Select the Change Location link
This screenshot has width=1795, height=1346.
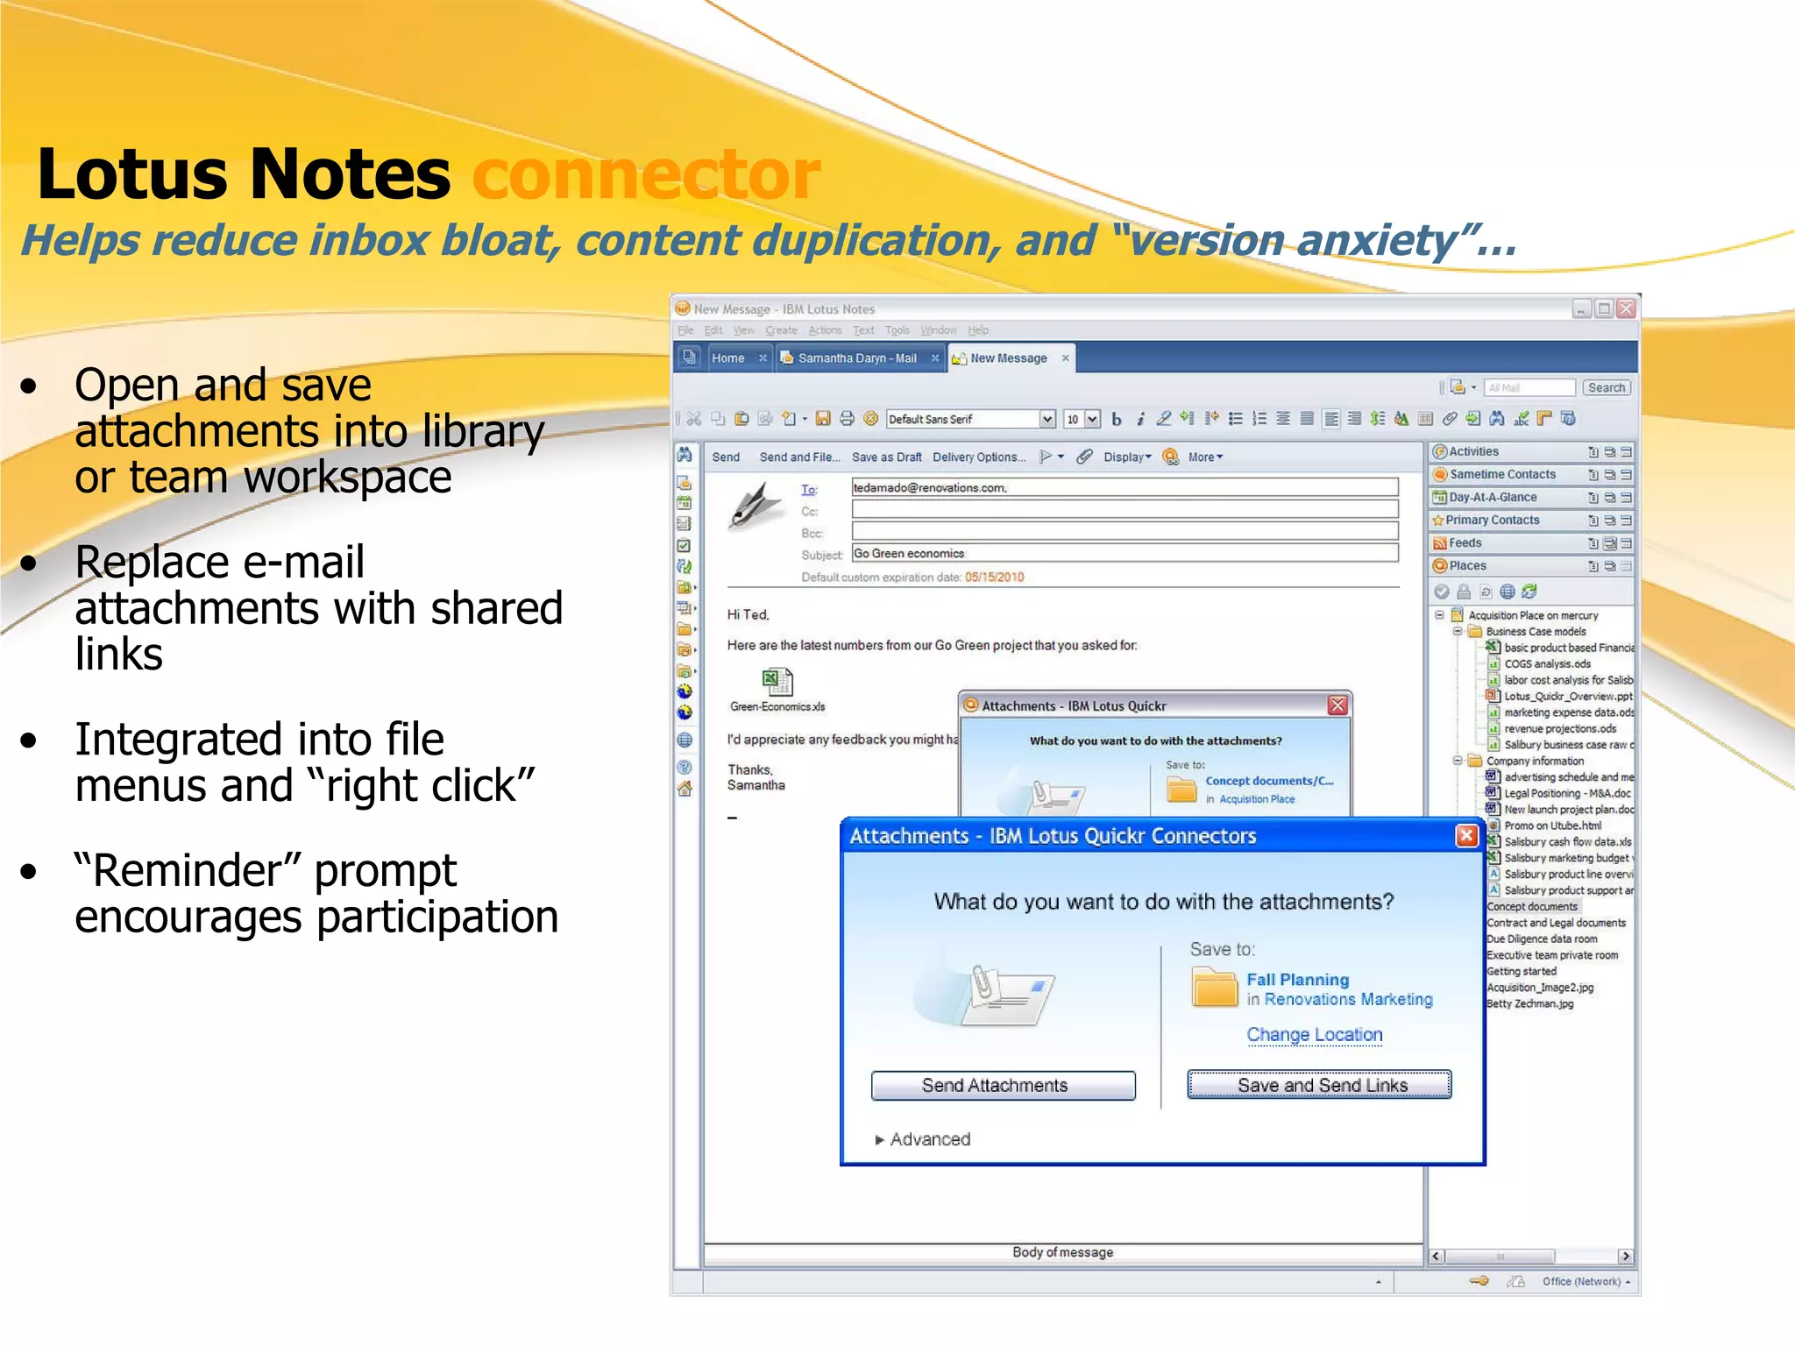[1314, 1035]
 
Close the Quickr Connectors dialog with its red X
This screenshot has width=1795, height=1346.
[1465, 836]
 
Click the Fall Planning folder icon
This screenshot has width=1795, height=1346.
[1214, 988]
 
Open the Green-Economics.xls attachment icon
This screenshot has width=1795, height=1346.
[777, 682]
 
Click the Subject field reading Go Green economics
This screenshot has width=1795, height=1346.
[1124, 554]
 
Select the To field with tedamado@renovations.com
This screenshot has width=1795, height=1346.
[1124, 488]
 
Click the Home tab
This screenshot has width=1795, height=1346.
[727, 358]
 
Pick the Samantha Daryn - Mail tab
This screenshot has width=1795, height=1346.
[856, 358]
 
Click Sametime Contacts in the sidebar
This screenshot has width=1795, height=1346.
[1501, 475]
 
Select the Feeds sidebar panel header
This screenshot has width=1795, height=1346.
[1465, 543]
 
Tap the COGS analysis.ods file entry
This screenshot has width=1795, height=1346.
[1547, 664]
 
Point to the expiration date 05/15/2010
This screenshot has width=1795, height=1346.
[994, 577]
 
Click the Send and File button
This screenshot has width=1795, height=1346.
[799, 457]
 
